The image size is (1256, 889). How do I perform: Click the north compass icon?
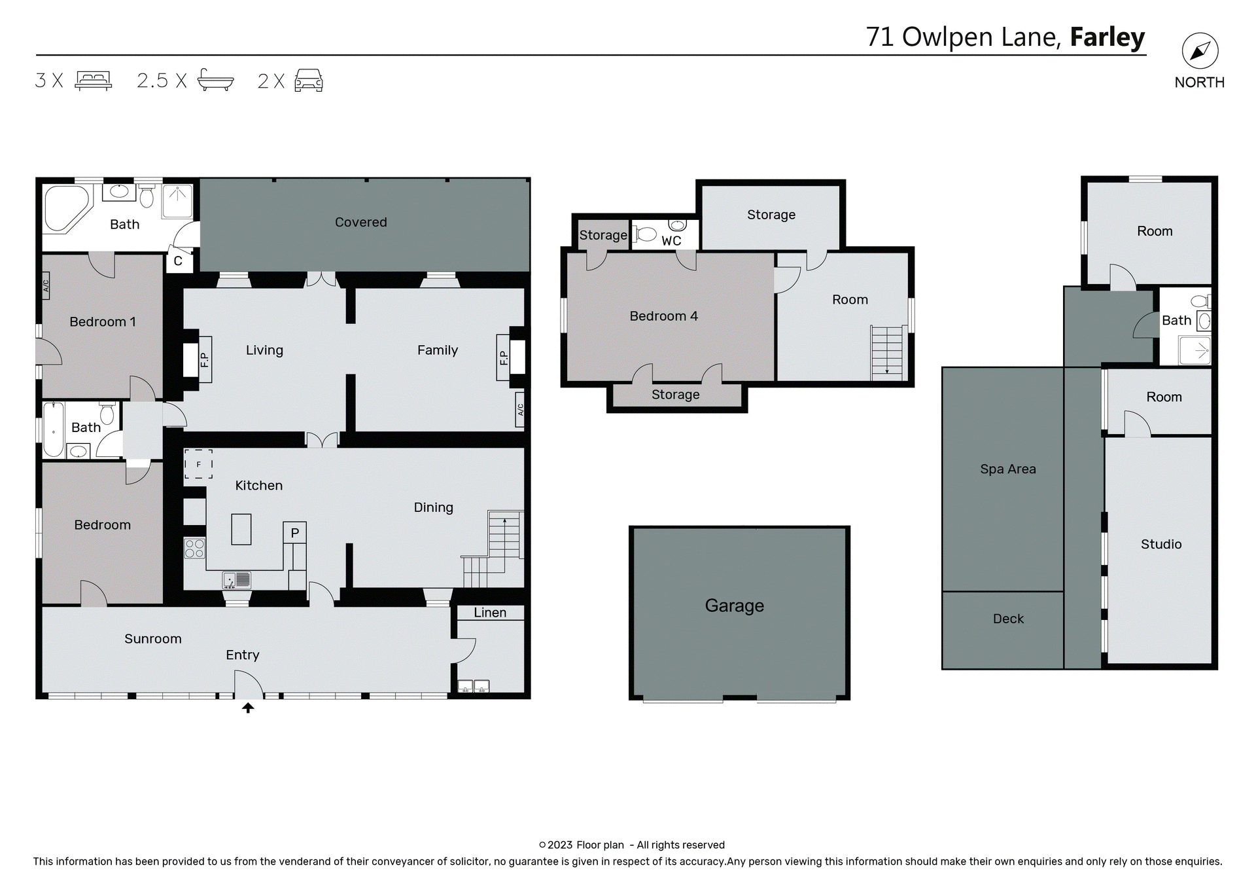pyautogui.click(x=1200, y=51)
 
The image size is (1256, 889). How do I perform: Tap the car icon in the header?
pyautogui.click(x=309, y=81)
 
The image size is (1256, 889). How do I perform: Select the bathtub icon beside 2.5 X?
pyautogui.click(x=215, y=80)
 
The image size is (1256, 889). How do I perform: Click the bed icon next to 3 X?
pyautogui.click(x=94, y=80)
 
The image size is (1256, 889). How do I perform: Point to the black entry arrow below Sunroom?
pyautogui.click(x=248, y=708)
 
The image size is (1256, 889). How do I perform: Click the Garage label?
pyautogui.click(x=734, y=606)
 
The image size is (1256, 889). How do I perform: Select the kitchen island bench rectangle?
pyautogui.click(x=241, y=529)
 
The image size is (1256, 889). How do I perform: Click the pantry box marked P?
pyautogui.click(x=295, y=533)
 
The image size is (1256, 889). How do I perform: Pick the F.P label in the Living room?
pyautogui.click(x=204, y=359)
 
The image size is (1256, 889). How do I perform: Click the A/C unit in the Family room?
pyautogui.click(x=520, y=410)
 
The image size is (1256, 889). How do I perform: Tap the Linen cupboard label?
pyautogui.click(x=490, y=613)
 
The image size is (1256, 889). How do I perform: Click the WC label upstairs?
pyautogui.click(x=671, y=241)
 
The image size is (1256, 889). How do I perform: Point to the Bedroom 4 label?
pyautogui.click(x=663, y=316)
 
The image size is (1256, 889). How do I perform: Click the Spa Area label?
pyautogui.click(x=1007, y=469)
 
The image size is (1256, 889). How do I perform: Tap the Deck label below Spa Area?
pyautogui.click(x=1008, y=619)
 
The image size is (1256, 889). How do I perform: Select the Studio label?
pyautogui.click(x=1160, y=544)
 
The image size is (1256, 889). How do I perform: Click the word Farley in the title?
pyautogui.click(x=1107, y=37)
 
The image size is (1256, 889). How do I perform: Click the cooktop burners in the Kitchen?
pyautogui.click(x=194, y=548)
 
